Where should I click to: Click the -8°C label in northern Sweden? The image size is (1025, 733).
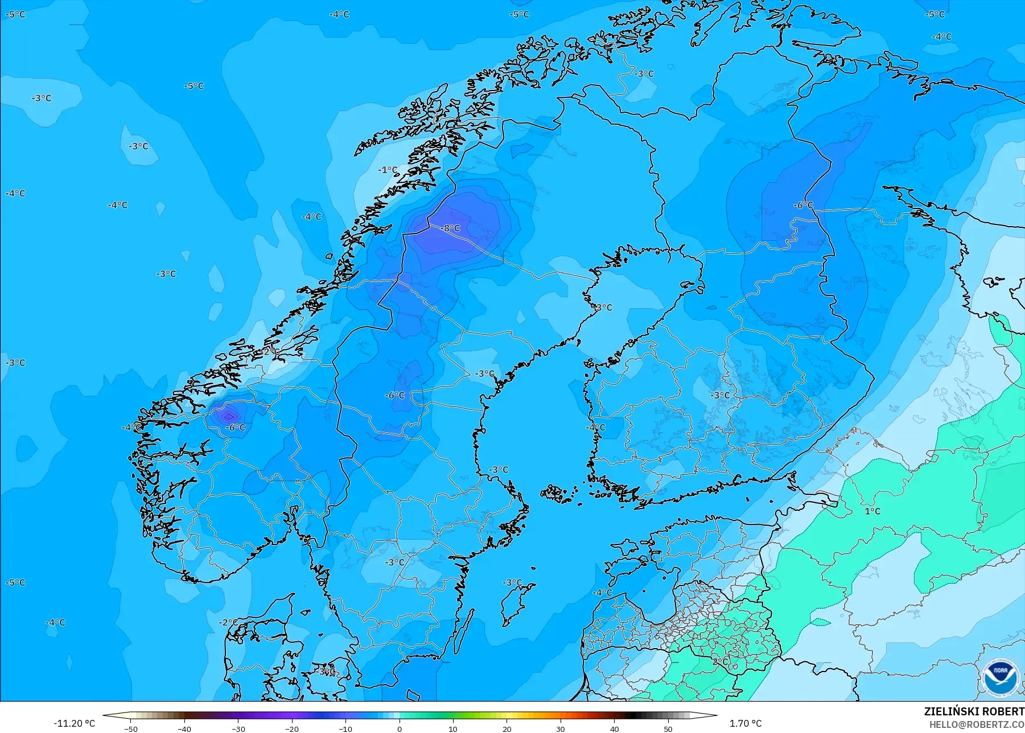(x=451, y=228)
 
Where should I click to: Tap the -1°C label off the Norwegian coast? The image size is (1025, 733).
(x=388, y=170)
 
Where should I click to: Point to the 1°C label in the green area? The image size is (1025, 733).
(x=872, y=511)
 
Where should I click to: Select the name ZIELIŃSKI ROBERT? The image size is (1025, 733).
(x=974, y=711)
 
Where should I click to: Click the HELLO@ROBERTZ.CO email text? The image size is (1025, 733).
(x=977, y=724)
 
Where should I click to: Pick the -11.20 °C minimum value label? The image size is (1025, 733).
(x=74, y=723)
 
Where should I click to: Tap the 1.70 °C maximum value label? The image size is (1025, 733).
(x=746, y=723)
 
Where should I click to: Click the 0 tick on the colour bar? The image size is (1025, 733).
(x=400, y=728)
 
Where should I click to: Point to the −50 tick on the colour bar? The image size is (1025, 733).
(x=131, y=728)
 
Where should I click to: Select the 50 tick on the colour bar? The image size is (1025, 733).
(x=668, y=728)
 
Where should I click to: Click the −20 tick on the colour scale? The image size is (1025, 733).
(x=292, y=728)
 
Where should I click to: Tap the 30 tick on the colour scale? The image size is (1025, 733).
(x=561, y=728)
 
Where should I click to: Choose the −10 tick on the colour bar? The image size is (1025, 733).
(x=345, y=728)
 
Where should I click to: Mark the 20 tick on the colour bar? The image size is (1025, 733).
(x=507, y=728)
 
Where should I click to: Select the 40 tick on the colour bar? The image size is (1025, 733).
(x=615, y=728)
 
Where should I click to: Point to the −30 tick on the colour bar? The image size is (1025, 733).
(x=238, y=728)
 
